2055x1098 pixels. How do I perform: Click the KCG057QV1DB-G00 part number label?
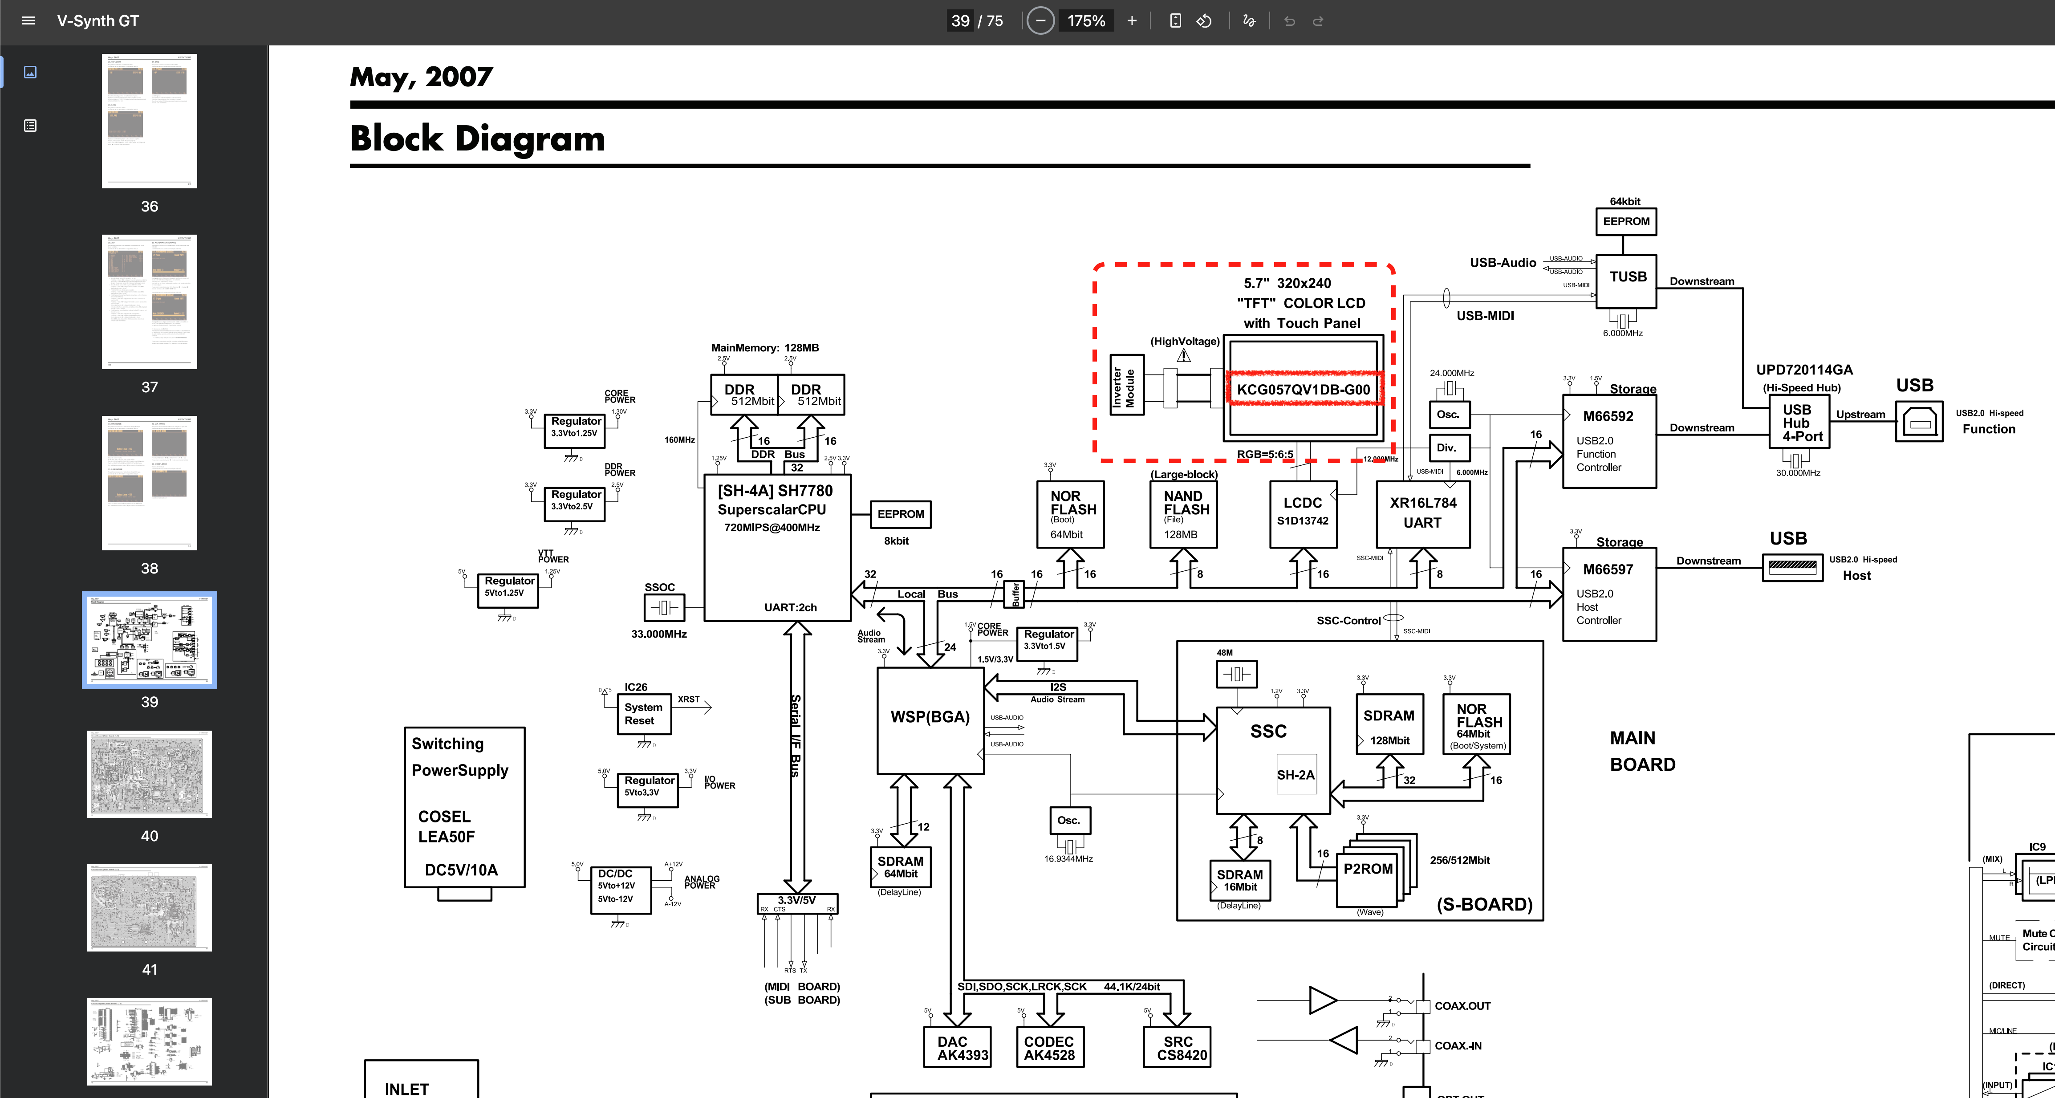click(x=1303, y=390)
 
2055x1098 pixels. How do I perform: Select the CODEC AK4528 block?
click(x=1049, y=1047)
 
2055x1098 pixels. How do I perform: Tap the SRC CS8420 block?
click(x=1178, y=1047)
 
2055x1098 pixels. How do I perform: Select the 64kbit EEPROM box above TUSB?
click(x=1626, y=221)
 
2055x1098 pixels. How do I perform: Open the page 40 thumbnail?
click(x=149, y=774)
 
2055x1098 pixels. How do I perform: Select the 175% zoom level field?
click(x=1086, y=21)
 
